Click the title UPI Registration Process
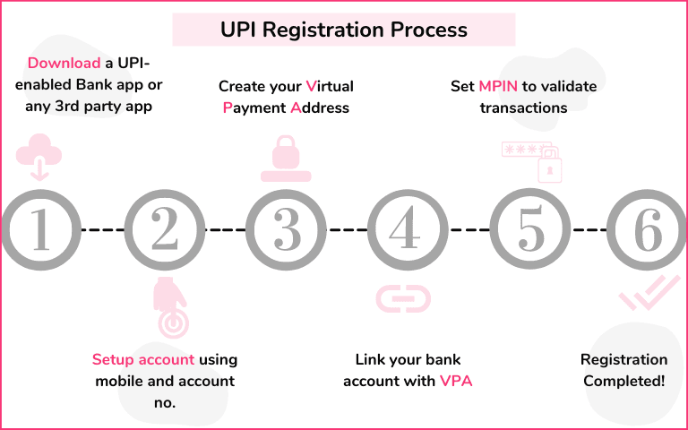344,30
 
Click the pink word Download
64,64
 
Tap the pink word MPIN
498,87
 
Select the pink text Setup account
143,360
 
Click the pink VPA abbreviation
456,381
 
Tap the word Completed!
624,381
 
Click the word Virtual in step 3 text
330,87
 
